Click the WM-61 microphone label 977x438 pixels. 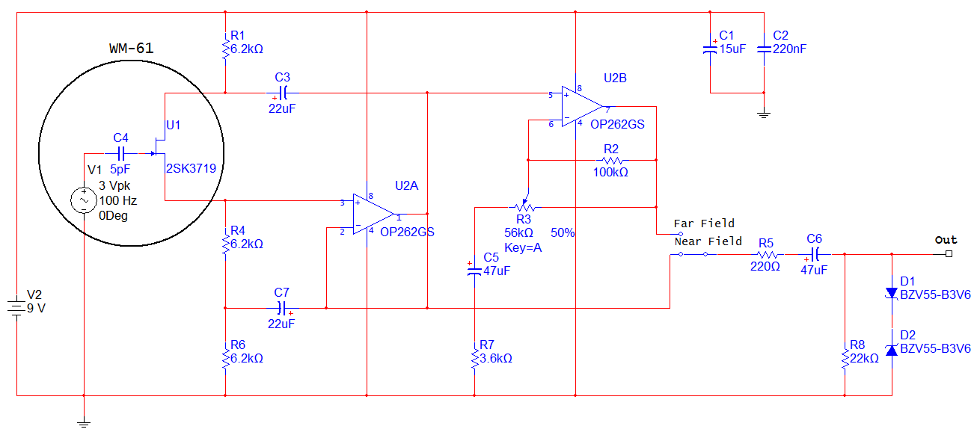(131, 48)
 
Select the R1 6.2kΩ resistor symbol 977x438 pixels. (225, 49)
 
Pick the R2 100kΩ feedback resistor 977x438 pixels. (613, 159)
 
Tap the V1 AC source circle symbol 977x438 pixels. (83, 200)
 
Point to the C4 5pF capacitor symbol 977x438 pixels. (120, 153)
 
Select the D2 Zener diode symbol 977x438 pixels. (891, 349)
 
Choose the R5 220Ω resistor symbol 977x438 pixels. (766, 255)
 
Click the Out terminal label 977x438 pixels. (946, 240)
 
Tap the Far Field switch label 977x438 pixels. (704, 223)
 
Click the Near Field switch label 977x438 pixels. (708, 241)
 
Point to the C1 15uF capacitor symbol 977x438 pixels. (710, 49)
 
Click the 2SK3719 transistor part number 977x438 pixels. (191, 168)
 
